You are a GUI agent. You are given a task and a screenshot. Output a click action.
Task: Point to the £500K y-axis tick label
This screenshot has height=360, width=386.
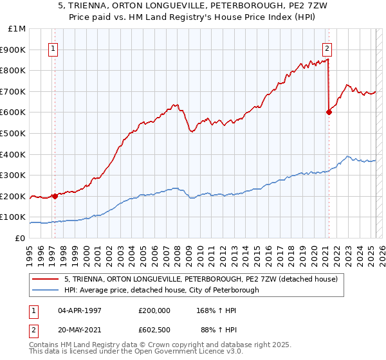pyautogui.click(x=14, y=133)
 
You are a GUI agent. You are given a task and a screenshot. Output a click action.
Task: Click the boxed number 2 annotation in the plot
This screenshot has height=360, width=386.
pyautogui.click(x=327, y=47)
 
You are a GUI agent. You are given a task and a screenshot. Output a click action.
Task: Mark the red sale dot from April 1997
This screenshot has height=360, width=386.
pyautogui.click(x=55, y=196)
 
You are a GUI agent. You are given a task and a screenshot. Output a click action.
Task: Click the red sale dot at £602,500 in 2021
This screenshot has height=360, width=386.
pyautogui.click(x=329, y=112)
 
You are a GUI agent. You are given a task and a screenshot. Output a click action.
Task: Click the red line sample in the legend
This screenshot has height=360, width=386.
pyautogui.click(x=46, y=280)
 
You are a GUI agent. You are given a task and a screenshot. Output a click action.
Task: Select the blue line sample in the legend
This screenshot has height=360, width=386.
pyautogui.click(x=46, y=291)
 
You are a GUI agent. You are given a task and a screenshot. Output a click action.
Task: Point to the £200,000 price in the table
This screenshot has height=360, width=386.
pyautogui.click(x=154, y=310)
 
